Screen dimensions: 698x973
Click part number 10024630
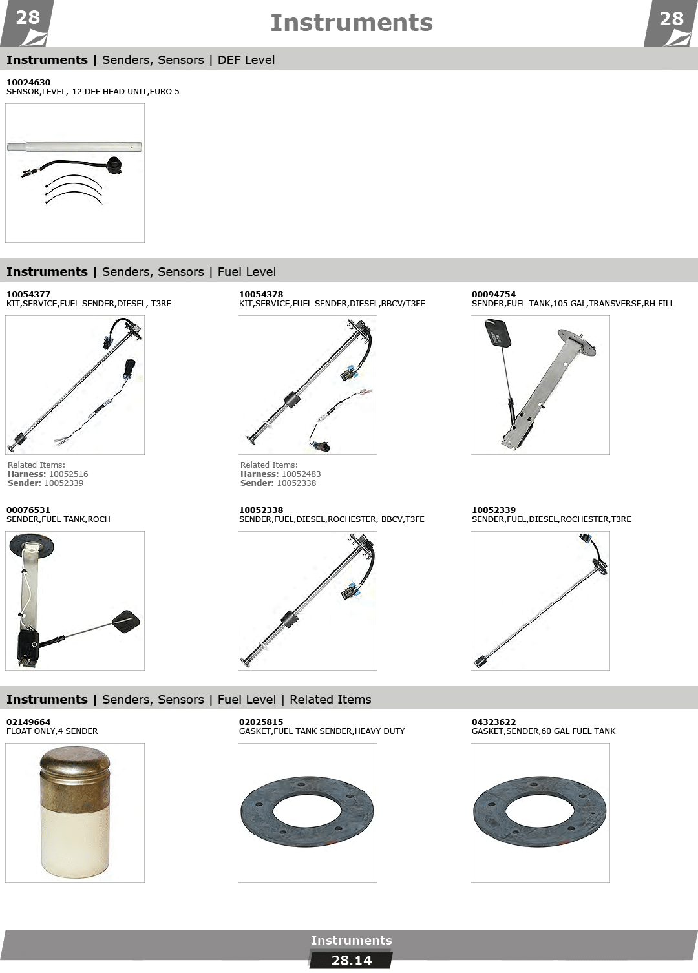point(28,82)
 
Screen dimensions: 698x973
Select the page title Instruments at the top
point(351,23)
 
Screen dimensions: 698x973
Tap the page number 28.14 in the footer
point(351,960)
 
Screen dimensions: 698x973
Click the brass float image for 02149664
point(75,811)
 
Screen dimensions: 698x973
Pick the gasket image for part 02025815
point(307,811)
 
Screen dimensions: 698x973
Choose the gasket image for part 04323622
point(540,811)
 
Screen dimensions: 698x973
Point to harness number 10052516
point(69,474)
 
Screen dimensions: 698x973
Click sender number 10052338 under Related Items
point(297,483)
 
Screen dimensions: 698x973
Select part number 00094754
point(494,294)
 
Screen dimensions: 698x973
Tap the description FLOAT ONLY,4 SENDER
point(52,731)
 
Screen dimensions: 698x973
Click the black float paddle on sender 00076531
point(127,620)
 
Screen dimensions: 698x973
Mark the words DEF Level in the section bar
point(246,60)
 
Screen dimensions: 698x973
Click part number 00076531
point(28,510)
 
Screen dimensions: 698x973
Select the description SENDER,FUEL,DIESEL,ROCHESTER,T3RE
point(551,519)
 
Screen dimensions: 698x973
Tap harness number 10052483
point(301,474)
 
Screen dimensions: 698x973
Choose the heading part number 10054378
point(260,294)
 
